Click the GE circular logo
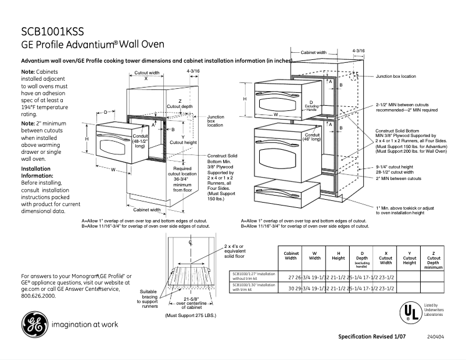click(x=35, y=323)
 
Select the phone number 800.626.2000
click(x=38, y=296)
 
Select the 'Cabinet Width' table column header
click(x=291, y=256)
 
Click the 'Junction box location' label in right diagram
click(x=395, y=76)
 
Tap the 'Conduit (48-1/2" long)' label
click(x=140, y=141)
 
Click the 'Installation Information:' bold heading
click(x=36, y=172)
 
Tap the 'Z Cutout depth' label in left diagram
click(x=180, y=104)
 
